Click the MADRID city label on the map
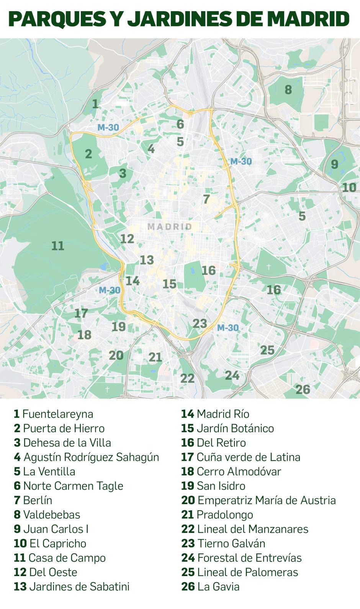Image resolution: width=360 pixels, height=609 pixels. coord(170,227)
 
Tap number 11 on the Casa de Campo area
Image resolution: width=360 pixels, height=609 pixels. coord(58,245)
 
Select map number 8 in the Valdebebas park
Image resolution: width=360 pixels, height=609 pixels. coord(288,90)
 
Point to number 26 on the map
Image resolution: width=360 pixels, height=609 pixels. coord(303,389)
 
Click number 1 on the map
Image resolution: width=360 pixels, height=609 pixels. coord(95,103)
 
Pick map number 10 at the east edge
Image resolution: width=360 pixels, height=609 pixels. coord(349,188)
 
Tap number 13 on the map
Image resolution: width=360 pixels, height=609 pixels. coord(147,260)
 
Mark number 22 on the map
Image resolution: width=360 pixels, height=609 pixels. coord(188,378)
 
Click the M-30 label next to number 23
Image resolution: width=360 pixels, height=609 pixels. coord(227,328)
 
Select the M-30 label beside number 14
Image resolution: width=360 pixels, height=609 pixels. coord(110,291)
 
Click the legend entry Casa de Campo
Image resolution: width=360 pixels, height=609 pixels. coord(60,558)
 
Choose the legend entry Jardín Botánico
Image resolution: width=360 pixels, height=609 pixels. coord(227,428)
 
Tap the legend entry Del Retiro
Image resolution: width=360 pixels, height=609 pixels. coord(214,443)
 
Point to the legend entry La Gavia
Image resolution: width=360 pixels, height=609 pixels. coord(211,586)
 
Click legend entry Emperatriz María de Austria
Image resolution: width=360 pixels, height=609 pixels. coord(259,500)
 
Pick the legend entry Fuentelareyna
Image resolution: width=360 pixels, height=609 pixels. coord(54,414)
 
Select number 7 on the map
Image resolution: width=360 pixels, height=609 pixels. coord(206,199)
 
